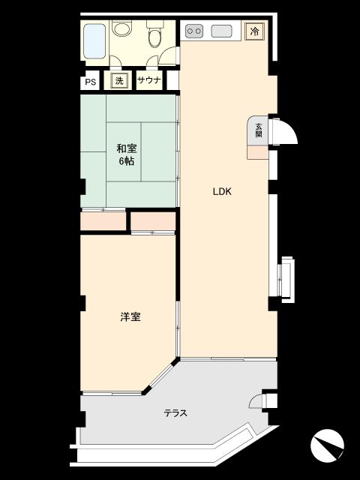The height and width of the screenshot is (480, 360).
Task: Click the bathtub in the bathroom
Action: [x=95, y=41]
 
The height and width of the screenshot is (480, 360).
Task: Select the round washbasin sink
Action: [x=122, y=28]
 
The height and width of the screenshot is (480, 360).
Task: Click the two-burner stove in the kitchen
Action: [x=194, y=31]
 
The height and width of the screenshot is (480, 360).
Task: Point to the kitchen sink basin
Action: [x=222, y=31]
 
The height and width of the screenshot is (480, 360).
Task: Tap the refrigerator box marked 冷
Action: [x=255, y=31]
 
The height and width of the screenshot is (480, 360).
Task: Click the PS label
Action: [x=90, y=82]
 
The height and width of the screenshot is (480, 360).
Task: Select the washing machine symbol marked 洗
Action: [x=119, y=81]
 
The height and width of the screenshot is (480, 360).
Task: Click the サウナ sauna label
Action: [x=149, y=80]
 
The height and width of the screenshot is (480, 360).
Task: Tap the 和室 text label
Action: [x=127, y=148]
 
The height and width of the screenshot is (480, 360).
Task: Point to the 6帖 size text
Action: [x=127, y=161]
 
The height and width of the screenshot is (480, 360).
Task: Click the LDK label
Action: [x=222, y=192]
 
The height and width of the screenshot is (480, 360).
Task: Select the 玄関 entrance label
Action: [x=259, y=130]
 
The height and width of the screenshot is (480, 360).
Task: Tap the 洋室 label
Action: [x=130, y=316]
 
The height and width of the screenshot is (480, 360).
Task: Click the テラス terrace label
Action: [x=175, y=413]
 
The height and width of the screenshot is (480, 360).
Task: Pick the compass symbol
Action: [x=327, y=444]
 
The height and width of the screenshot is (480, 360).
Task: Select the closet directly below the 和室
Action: [x=103, y=220]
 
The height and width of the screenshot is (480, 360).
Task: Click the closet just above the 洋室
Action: [x=153, y=220]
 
